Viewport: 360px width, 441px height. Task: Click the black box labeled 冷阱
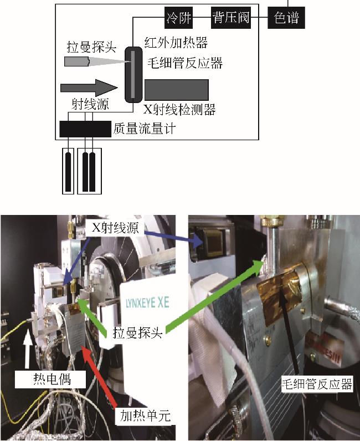178,17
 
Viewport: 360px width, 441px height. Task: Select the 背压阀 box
231,17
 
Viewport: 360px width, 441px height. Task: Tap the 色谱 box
286,17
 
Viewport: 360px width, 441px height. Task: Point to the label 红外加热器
176,43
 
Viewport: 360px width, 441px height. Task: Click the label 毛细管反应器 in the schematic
185,63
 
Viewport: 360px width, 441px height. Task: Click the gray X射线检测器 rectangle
177,90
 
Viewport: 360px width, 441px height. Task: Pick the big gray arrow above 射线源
89,88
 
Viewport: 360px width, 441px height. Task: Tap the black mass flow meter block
85,129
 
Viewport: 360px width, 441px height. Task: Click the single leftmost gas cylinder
68,171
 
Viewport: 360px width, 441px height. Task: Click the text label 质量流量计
145,129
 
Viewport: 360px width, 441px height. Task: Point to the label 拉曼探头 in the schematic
91,47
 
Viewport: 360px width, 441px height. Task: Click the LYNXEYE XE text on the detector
147,303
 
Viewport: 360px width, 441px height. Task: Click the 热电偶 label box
50,380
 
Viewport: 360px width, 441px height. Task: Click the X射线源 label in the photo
116,228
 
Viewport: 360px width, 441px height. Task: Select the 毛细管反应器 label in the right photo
317,384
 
